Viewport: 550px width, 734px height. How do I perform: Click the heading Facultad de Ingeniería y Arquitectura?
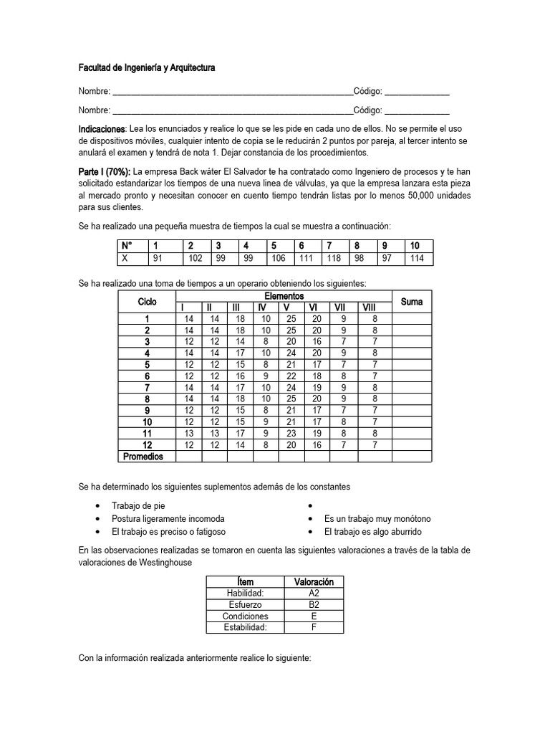(146, 68)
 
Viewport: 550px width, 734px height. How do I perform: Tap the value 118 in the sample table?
(334, 258)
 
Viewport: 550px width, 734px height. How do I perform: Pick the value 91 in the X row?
(158, 258)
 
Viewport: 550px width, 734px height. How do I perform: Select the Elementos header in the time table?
(284, 296)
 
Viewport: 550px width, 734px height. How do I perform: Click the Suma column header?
(412, 302)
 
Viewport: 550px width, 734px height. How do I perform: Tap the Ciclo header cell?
(147, 302)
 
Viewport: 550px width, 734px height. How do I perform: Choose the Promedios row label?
(143, 457)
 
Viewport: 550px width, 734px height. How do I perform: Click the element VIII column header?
(370, 308)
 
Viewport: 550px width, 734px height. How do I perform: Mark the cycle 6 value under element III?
(240, 376)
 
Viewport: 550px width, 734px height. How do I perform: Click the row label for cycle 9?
(147, 411)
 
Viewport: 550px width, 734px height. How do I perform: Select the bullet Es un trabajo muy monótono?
(377, 519)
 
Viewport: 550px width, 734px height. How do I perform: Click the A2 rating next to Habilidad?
(314, 594)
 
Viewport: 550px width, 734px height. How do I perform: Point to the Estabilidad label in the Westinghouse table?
(246, 628)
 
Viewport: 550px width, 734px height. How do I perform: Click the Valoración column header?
(314, 581)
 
